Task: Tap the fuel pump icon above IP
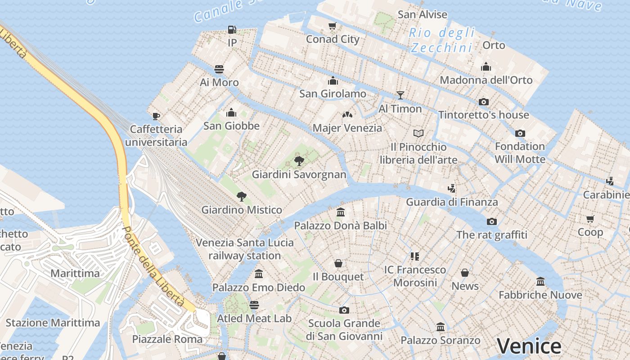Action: (x=232, y=30)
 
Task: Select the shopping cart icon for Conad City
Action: (x=333, y=26)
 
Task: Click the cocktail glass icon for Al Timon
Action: (x=400, y=95)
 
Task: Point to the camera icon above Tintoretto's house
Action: (x=484, y=102)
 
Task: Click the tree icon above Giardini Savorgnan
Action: (x=299, y=161)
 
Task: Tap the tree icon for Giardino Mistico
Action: (x=242, y=196)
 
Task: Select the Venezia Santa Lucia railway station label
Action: (x=244, y=249)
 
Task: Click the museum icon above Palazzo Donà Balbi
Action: (x=341, y=212)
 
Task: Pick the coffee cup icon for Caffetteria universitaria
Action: (x=156, y=116)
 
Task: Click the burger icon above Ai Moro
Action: (x=219, y=69)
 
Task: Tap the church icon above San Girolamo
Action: (x=333, y=81)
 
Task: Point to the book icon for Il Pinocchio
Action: (x=418, y=133)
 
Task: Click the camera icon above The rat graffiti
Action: (x=492, y=221)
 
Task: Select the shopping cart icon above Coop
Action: (x=590, y=219)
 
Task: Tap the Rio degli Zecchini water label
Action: (x=441, y=40)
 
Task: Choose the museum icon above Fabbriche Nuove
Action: (x=540, y=282)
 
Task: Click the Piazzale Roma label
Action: (x=167, y=339)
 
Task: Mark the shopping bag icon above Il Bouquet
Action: (x=338, y=263)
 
